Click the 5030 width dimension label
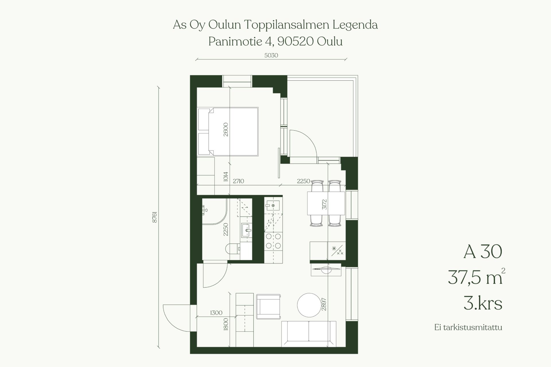point(271,55)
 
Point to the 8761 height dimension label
point(155,217)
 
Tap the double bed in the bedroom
point(228,132)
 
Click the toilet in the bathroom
point(233,249)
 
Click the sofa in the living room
point(309,334)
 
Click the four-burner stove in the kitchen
point(273,241)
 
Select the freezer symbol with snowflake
point(337,251)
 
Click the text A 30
point(483,252)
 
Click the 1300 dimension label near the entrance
point(216,313)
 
